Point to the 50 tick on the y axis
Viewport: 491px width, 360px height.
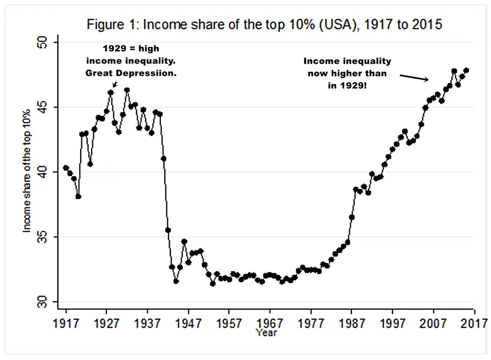(43, 42)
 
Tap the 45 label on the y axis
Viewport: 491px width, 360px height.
(43, 107)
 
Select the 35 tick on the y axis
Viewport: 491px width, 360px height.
(43, 237)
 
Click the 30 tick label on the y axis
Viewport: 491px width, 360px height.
(43, 302)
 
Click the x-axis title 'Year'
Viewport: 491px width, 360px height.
(267, 332)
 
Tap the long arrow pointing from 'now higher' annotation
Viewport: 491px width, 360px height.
(412, 77)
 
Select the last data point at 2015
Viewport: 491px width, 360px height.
(466, 70)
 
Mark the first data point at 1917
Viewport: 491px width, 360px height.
(66, 168)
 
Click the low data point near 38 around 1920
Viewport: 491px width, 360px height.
(78, 196)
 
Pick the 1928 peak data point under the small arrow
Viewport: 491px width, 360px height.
(111, 93)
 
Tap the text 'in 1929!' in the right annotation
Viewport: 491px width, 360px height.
(347, 85)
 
